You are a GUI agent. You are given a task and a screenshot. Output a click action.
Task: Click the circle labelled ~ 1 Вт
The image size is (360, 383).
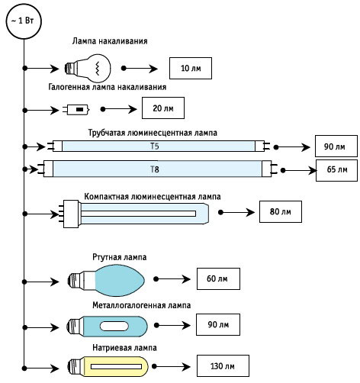tap(24, 21)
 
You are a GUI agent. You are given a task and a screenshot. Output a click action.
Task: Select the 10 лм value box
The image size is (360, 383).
tap(191, 68)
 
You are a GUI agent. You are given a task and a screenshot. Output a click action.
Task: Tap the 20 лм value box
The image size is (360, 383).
tap(163, 108)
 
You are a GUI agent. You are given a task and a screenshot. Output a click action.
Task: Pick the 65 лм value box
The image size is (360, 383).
tap(336, 170)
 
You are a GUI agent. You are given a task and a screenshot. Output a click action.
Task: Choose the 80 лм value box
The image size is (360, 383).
tap(281, 211)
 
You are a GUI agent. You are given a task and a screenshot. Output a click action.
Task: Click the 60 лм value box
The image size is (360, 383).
tap(218, 278)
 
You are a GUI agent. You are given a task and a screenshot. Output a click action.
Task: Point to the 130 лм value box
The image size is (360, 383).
tap(223, 365)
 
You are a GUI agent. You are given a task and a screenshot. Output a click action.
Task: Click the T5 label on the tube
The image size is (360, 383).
tap(154, 146)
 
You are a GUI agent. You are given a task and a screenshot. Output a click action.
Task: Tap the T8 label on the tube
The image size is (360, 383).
tap(154, 169)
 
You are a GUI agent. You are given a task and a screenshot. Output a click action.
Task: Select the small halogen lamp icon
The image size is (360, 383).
tap(76, 110)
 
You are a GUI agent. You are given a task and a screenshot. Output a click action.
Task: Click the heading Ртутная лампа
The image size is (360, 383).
tap(120, 257)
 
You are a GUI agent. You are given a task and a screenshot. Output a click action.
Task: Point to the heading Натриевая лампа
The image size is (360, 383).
tap(124, 348)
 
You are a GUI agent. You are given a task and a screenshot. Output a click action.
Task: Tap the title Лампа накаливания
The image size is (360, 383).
tap(110, 41)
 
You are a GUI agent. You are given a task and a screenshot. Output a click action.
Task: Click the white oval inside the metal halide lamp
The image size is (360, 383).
tap(114, 326)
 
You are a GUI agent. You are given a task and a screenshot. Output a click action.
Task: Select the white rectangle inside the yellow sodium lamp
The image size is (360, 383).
tap(116, 366)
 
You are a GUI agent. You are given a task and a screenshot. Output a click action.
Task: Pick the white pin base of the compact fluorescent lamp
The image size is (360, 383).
tap(70, 214)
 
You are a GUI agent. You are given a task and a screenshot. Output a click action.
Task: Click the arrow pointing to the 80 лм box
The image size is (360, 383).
tap(236, 212)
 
